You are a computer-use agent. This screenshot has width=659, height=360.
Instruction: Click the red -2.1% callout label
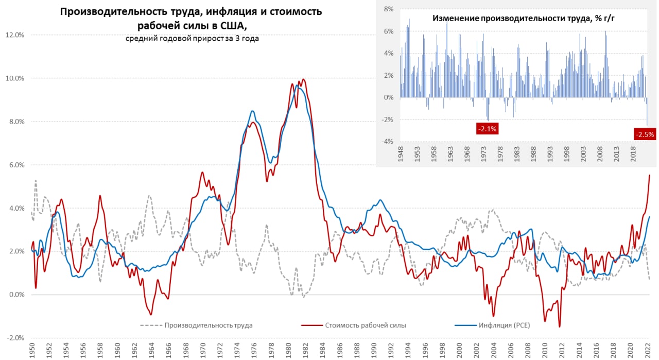pyautogui.click(x=487, y=129)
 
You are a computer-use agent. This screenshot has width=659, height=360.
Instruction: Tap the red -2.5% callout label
pyautogui.click(x=645, y=134)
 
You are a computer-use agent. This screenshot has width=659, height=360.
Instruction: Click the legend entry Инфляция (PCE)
pyautogui.click(x=504, y=325)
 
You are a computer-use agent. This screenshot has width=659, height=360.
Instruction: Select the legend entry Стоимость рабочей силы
pyautogui.click(x=365, y=325)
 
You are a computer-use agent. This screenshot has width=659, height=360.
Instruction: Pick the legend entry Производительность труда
pyautogui.click(x=209, y=325)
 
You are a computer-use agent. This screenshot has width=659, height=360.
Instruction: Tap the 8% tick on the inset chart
pyautogui.click(x=388, y=9)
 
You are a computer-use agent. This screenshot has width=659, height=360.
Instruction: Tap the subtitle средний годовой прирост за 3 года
pyautogui.click(x=192, y=39)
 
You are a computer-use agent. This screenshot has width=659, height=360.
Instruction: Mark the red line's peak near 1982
pyautogui.click(x=304, y=79)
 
